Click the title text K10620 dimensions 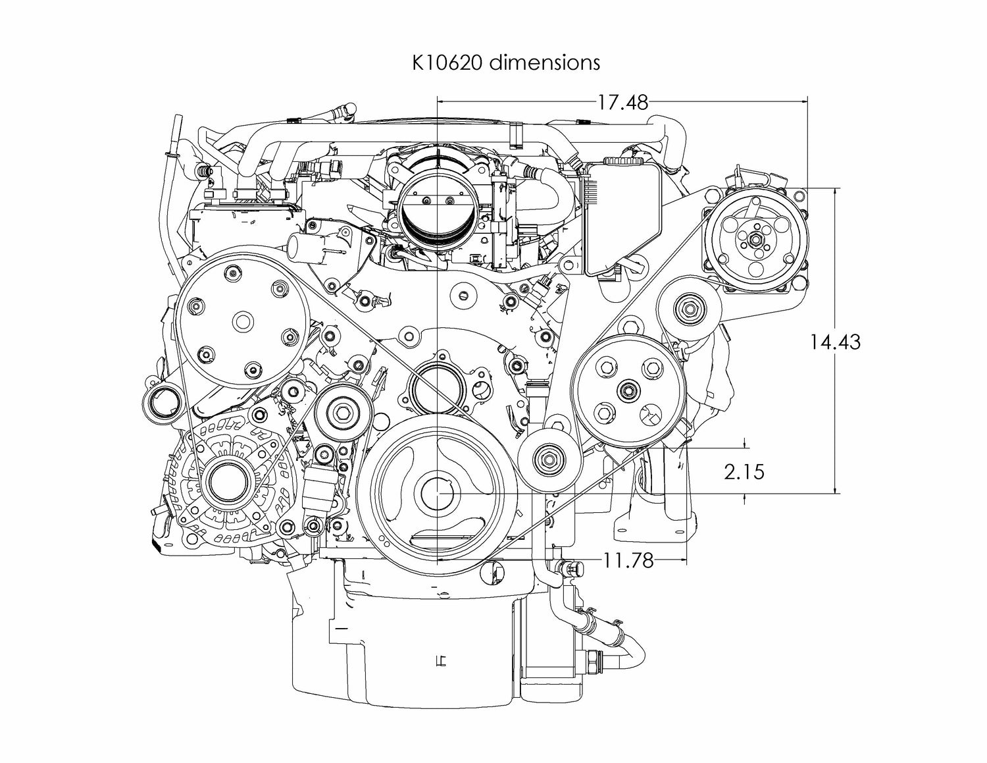tap(505, 62)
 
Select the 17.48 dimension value tap(622, 102)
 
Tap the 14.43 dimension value tap(835, 342)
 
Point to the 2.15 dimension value tap(744, 471)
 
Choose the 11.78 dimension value tap(628, 560)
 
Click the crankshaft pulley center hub tap(438, 492)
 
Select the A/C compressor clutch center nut tap(755, 240)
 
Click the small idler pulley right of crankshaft tap(549, 458)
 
